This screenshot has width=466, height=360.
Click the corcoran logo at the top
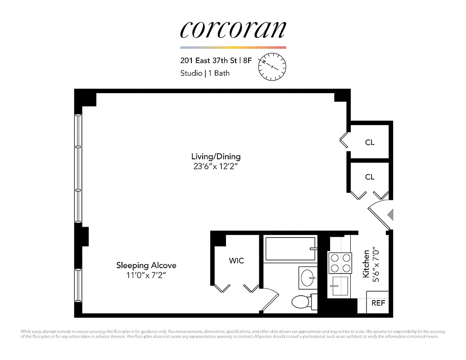pos(233,30)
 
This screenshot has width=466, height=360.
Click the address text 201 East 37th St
pos(209,60)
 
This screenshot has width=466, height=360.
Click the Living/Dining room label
pos(216,157)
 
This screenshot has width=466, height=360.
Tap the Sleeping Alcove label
pos(146,265)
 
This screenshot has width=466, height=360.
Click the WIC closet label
pos(236,261)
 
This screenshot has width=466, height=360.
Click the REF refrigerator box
pos(378,303)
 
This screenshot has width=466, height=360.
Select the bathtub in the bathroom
pos(290,248)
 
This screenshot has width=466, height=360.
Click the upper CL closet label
pos(370,142)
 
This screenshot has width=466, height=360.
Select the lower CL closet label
pos(370,177)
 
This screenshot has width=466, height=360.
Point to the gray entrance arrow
pos(391,215)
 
